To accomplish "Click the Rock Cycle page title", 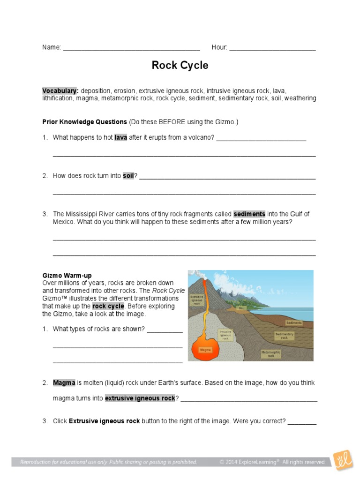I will point(180,66).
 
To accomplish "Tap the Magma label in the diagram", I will point(205,350).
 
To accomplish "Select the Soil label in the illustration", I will point(242,308).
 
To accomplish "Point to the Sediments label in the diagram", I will point(293,323).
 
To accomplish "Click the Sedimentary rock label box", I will point(284,336).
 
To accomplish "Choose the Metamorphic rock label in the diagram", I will point(270,354).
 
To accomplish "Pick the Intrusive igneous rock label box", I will point(225,335).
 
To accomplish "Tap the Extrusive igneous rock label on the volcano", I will point(196,300).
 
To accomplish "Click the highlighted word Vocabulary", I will point(60,90).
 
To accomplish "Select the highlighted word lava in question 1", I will point(120,137).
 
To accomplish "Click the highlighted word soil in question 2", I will point(128,176).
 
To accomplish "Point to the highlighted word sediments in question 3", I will point(249,214).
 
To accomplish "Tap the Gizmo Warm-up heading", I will point(67,276).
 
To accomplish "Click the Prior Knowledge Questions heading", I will point(84,122).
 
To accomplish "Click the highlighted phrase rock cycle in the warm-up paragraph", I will point(108,306).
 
